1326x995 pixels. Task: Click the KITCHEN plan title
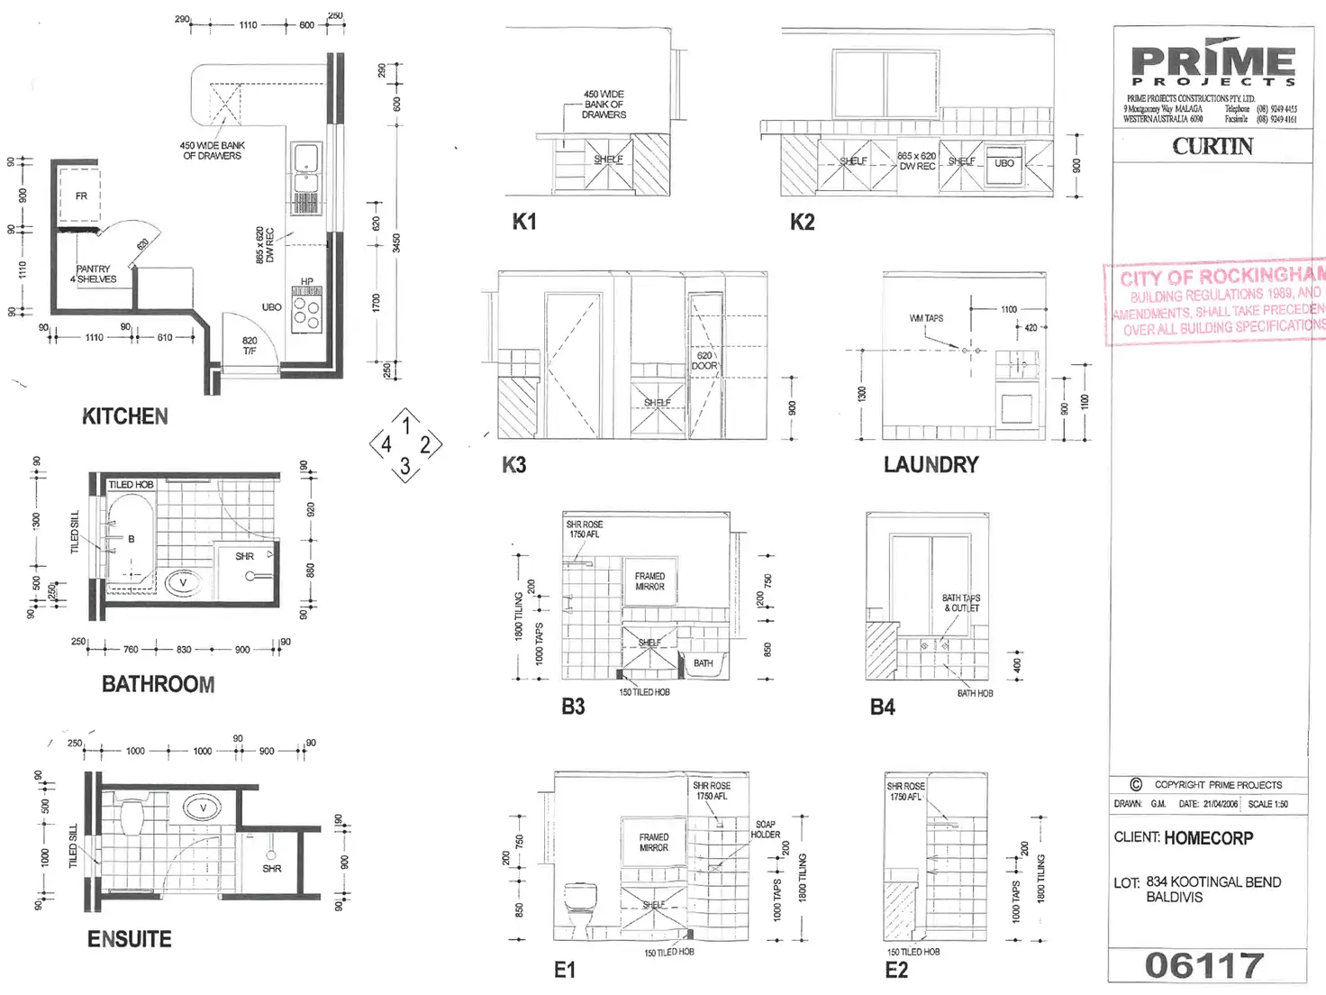pyautogui.click(x=124, y=416)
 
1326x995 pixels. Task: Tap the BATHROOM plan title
pyautogui.click(x=158, y=684)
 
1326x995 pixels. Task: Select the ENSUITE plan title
pyautogui.click(x=129, y=939)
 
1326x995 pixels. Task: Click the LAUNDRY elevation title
pyautogui.click(x=931, y=465)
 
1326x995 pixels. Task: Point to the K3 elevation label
pyautogui.click(x=513, y=465)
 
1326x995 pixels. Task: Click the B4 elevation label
pyautogui.click(x=882, y=707)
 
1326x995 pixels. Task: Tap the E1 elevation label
pyautogui.click(x=564, y=970)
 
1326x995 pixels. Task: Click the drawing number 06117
pyautogui.click(x=1204, y=965)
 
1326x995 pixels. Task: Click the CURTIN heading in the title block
pyautogui.click(x=1212, y=146)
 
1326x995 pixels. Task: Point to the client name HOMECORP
pyautogui.click(x=1208, y=838)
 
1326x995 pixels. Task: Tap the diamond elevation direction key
pyautogui.click(x=405, y=444)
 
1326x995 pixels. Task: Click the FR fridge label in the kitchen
pyautogui.click(x=81, y=196)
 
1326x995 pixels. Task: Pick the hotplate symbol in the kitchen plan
pyautogui.click(x=306, y=311)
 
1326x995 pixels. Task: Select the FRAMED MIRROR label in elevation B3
pyautogui.click(x=649, y=581)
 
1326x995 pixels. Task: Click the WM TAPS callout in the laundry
pyautogui.click(x=926, y=318)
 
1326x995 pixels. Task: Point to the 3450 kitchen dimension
pyautogui.click(x=396, y=243)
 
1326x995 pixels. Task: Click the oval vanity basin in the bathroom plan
pyautogui.click(x=183, y=582)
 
